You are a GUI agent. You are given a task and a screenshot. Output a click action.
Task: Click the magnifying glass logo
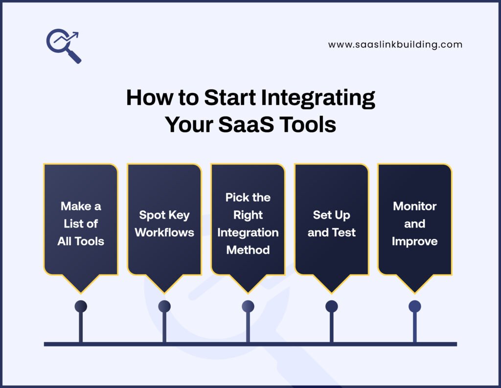64,46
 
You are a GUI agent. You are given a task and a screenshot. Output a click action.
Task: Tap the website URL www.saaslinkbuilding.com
395,45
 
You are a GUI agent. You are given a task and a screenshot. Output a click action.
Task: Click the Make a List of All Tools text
81,224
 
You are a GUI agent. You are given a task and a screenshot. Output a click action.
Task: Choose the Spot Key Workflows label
164,224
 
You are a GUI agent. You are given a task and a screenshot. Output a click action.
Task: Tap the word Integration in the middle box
248,232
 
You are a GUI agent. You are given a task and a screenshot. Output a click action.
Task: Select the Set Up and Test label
331,224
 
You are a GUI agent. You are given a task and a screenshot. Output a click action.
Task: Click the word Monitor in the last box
414,206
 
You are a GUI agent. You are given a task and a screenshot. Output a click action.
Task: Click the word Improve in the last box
414,241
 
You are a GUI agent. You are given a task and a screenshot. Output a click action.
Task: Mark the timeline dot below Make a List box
81,306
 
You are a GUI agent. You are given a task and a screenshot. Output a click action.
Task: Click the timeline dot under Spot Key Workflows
164,306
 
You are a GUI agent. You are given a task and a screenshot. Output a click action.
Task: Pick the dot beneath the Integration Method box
248,306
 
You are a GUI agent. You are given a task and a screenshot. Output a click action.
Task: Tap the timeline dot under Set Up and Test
331,306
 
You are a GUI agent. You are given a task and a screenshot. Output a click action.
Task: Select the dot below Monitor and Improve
414,306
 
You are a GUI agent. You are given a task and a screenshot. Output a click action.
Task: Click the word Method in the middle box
248,250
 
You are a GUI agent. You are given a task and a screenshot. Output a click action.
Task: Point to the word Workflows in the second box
164,232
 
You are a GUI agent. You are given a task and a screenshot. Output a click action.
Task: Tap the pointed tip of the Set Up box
331,292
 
